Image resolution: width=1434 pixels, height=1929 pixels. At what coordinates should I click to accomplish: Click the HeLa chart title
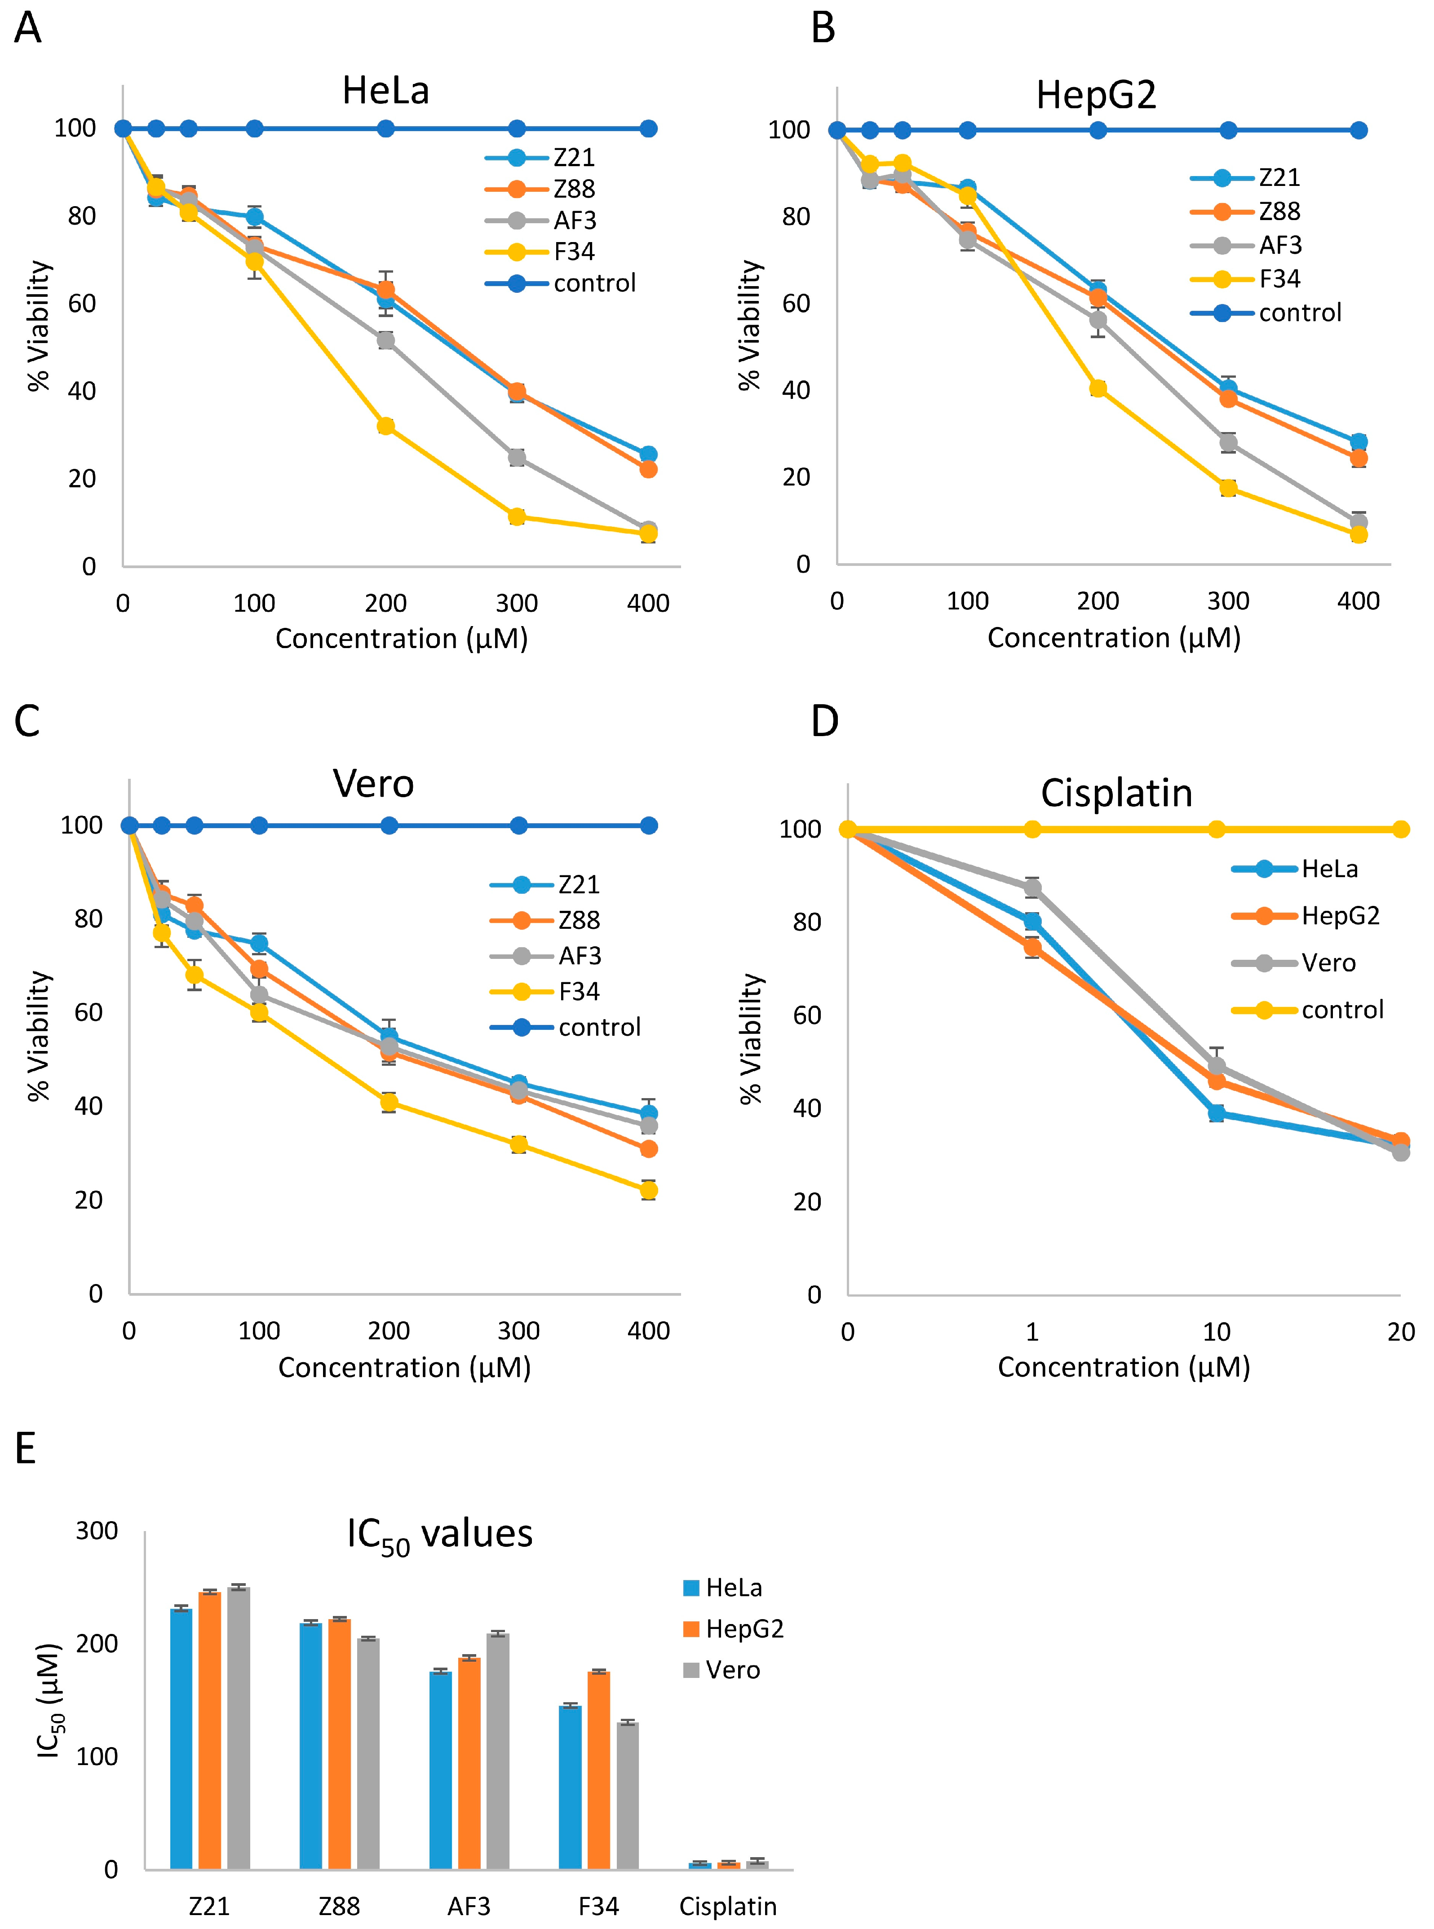[385, 90]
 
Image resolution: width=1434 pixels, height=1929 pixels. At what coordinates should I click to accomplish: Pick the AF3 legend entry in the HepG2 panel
[1279, 246]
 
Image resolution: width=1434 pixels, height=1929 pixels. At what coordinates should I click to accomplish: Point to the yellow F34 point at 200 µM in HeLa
[385, 426]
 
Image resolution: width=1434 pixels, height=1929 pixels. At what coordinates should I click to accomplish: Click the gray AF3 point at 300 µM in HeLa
[517, 457]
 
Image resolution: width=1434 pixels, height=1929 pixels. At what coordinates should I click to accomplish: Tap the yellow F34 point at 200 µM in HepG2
[1098, 388]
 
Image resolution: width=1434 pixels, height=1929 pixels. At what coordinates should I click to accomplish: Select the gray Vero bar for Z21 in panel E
[239, 1727]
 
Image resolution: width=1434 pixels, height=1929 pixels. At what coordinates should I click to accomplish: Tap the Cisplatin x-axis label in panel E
[727, 1907]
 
